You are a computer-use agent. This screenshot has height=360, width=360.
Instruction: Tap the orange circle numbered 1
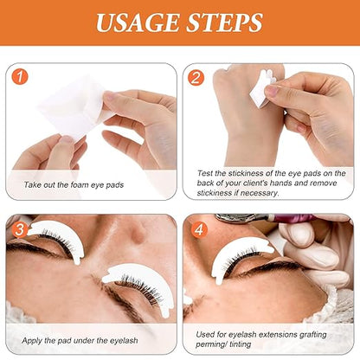[22, 76]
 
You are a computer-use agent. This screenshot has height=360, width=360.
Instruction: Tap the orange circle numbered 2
[196, 76]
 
